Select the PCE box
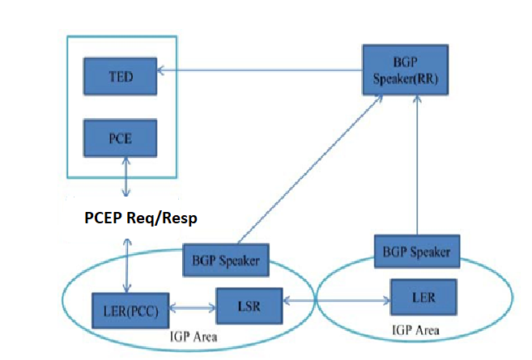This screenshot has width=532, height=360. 121,138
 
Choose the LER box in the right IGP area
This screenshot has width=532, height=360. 422,299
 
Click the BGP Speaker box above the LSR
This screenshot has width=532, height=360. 227,260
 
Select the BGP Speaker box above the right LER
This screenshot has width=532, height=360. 417,251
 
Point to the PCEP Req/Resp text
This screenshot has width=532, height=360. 142,218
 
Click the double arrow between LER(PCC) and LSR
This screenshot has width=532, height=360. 189,308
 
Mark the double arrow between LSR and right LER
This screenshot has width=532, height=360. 334,301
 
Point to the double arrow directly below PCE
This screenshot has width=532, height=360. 126,177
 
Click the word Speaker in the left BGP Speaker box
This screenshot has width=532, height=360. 240,260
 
